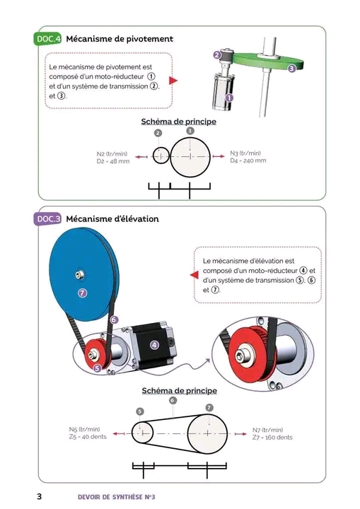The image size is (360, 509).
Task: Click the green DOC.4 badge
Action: (x=48, y=39)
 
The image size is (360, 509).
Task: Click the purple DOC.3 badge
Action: (x=48, y=219)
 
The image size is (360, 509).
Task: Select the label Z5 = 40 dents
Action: (x=88, y=437)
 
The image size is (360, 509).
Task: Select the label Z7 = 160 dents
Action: (x=272, y=438)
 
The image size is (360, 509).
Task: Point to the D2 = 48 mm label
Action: (x=113, y=161)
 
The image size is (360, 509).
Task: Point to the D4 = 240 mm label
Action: (x=248, y=160)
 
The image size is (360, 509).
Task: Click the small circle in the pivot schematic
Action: (x=161, y=156)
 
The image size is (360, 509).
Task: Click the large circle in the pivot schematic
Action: (x=190, y=157)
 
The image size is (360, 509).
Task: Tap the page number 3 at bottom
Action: (x=40, y=497)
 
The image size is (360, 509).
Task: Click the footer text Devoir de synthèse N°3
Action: (x=117, y=497)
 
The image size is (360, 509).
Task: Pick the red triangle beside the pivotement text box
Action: (x=173, y=80)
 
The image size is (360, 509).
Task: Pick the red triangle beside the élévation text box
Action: (x=194, y=275)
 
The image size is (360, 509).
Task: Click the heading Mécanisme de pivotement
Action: (x=120, y=39)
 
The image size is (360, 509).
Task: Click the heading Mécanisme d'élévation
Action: (x=112, y=218)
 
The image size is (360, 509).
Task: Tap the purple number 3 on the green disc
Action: (x=291, y=68)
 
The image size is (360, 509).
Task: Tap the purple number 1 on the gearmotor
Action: (x=229, y=98)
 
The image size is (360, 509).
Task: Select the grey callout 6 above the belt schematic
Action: (x=173, y=401)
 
